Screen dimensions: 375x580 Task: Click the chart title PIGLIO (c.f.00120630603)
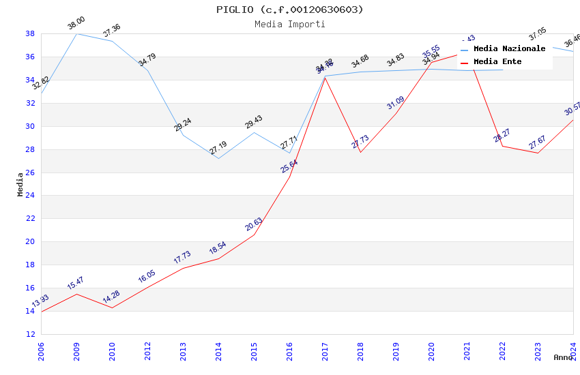coord(290,10)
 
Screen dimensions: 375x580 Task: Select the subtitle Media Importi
coord(290,24)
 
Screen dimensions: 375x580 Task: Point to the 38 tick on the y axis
coord(30,33)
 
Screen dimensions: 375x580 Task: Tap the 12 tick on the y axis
coord(30,334)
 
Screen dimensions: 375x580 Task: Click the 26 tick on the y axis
coord(30,172)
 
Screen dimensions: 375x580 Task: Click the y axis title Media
coord(20,184)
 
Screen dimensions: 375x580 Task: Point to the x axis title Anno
coord(563,357)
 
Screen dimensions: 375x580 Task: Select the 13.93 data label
coord(40,302)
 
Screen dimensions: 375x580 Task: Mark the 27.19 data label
coord(218,148)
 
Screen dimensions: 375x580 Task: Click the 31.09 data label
coord(395,103)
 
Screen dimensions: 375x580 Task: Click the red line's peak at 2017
coord(325,77)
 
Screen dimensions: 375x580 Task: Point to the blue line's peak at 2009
coord(76,33)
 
